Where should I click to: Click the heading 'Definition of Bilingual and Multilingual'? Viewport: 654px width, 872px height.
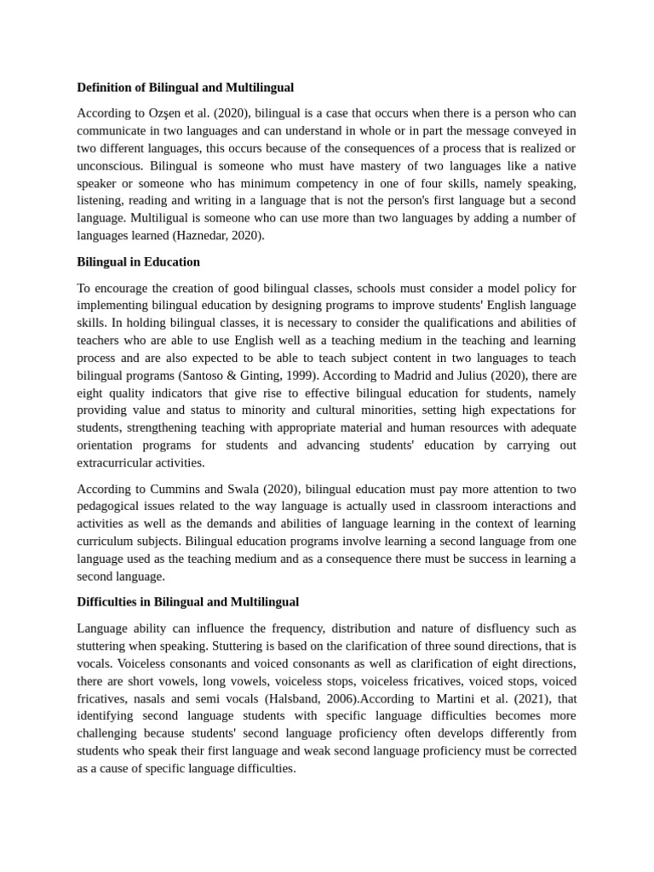coord(185,87)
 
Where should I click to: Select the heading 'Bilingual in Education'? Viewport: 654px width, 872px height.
coord(138,261)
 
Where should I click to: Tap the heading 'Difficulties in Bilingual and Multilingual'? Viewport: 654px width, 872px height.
coord(187,602)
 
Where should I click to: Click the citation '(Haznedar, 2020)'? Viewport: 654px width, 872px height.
coord(218,236)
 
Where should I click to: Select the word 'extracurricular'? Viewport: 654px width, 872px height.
coord(118,462)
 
